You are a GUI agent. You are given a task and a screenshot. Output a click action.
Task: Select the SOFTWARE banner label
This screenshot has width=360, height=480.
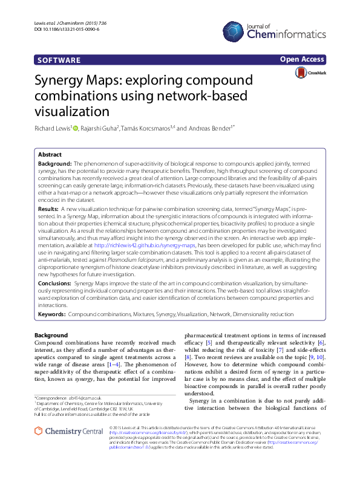tap(59, 60)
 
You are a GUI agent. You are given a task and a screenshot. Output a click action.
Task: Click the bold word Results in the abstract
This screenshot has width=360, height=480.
tap(48, 207)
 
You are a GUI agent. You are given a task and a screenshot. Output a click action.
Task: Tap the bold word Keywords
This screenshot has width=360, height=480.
tap(51, 314)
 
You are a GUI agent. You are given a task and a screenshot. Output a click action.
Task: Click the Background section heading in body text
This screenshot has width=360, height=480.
tap(51, 335)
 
